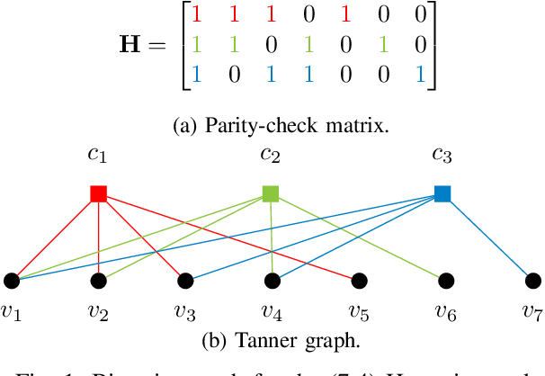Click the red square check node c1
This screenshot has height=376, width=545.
click(99, 193)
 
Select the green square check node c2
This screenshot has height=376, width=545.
click(270, 193)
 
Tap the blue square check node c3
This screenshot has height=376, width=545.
click(442, 193)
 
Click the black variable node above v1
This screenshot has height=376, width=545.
click(12, 281)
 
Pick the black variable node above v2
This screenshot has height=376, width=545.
click(99, 281)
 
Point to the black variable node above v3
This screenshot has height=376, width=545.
click(185, 281)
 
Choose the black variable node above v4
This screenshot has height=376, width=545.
click(272, 281)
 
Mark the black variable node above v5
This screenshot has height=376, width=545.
click(358, 281)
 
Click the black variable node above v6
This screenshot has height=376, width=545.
click(444, 281)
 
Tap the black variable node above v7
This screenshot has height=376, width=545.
click(531, 281)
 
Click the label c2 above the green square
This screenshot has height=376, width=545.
click(270, 156)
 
